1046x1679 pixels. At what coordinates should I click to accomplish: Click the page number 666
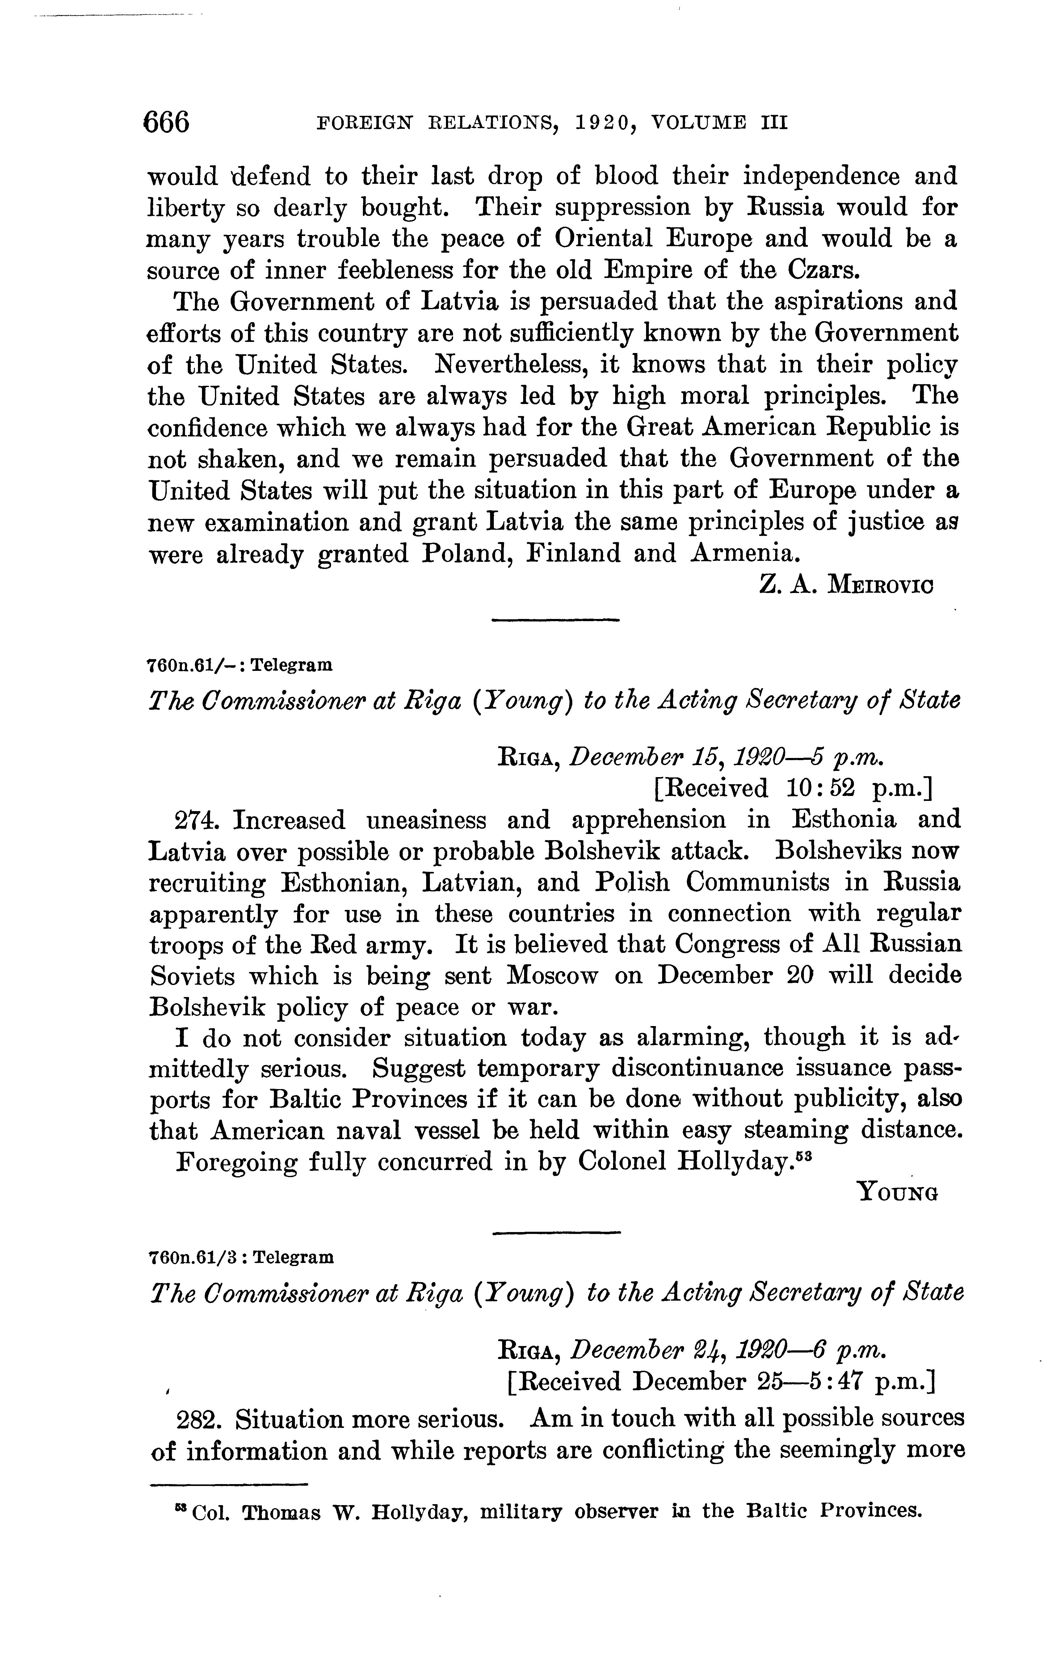tap(166, 122)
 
